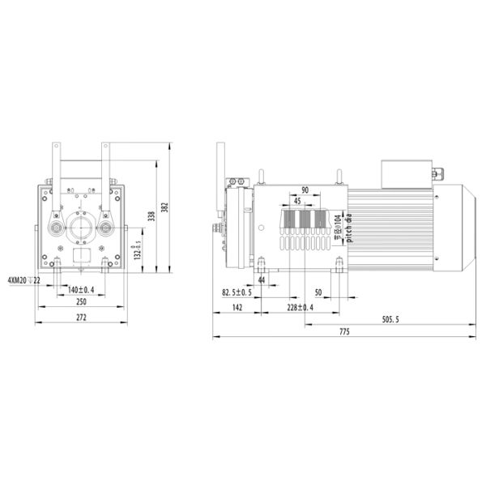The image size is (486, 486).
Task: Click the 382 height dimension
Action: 164,207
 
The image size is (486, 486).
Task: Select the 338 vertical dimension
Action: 151,216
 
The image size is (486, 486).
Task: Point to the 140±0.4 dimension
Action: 81,290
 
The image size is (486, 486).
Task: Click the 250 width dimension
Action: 81,302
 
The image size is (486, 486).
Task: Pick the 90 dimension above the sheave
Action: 305,190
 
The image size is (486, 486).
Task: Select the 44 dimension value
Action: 262,279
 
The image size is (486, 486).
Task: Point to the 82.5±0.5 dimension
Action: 237,292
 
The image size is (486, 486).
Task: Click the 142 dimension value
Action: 237,308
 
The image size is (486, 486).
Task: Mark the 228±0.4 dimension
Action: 301,308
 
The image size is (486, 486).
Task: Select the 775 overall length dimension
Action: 343,333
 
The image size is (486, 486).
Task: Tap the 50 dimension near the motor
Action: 318,292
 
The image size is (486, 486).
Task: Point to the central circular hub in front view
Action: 81,228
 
